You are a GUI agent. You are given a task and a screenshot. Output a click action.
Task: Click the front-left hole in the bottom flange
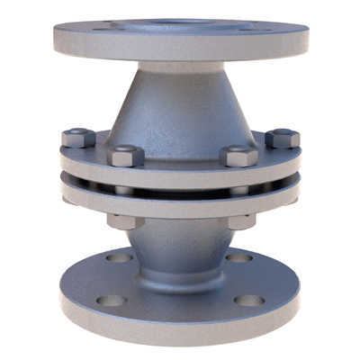[x=112, y=300]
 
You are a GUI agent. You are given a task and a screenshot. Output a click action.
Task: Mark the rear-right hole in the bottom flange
[x=241, y=257]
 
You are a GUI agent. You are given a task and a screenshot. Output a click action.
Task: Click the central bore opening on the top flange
[x=180, y=15]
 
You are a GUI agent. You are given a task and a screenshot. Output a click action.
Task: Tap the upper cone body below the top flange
[x=180, y=103]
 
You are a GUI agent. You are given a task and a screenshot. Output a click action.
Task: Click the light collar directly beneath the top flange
[x=180, y=66]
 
